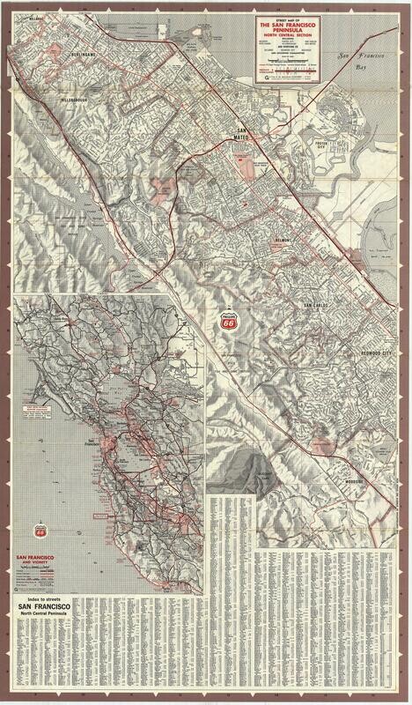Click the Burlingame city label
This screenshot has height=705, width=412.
click(x=54, y=52)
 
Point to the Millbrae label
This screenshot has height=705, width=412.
click(x=35, y=16)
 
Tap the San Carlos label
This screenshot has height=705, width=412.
click(x=315, y=306)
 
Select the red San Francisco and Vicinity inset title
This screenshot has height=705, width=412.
click(x=39, y=561)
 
